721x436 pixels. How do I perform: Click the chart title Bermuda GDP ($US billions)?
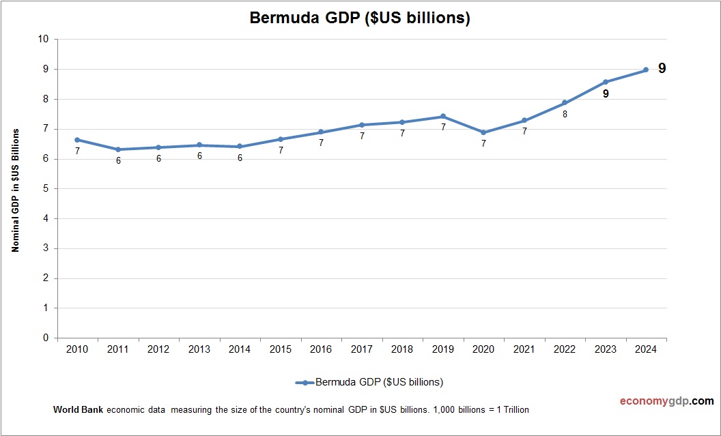click(360, 18)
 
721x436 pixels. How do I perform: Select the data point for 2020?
click(483, 132)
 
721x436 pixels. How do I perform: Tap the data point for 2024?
click(646, 70)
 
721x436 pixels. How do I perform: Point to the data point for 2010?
click(77, 139)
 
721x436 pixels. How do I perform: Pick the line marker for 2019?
click(443, 116)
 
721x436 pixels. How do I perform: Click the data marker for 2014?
click(240, 146)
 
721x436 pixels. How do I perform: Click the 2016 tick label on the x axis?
click(321, 349)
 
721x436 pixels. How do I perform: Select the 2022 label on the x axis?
click(565, 349)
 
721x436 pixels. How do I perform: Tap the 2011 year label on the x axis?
click(118, 349)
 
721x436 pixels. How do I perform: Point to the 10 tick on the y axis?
click(44, 39)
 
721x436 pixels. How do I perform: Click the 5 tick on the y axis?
click(46, 188)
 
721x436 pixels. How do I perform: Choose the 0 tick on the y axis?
click(46, 338)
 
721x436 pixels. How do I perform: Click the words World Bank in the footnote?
click(78, 410)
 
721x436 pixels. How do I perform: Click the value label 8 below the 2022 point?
click(565, 115)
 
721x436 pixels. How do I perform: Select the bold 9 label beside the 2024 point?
click(662, 68)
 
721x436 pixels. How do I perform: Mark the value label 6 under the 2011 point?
click(118, 160)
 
